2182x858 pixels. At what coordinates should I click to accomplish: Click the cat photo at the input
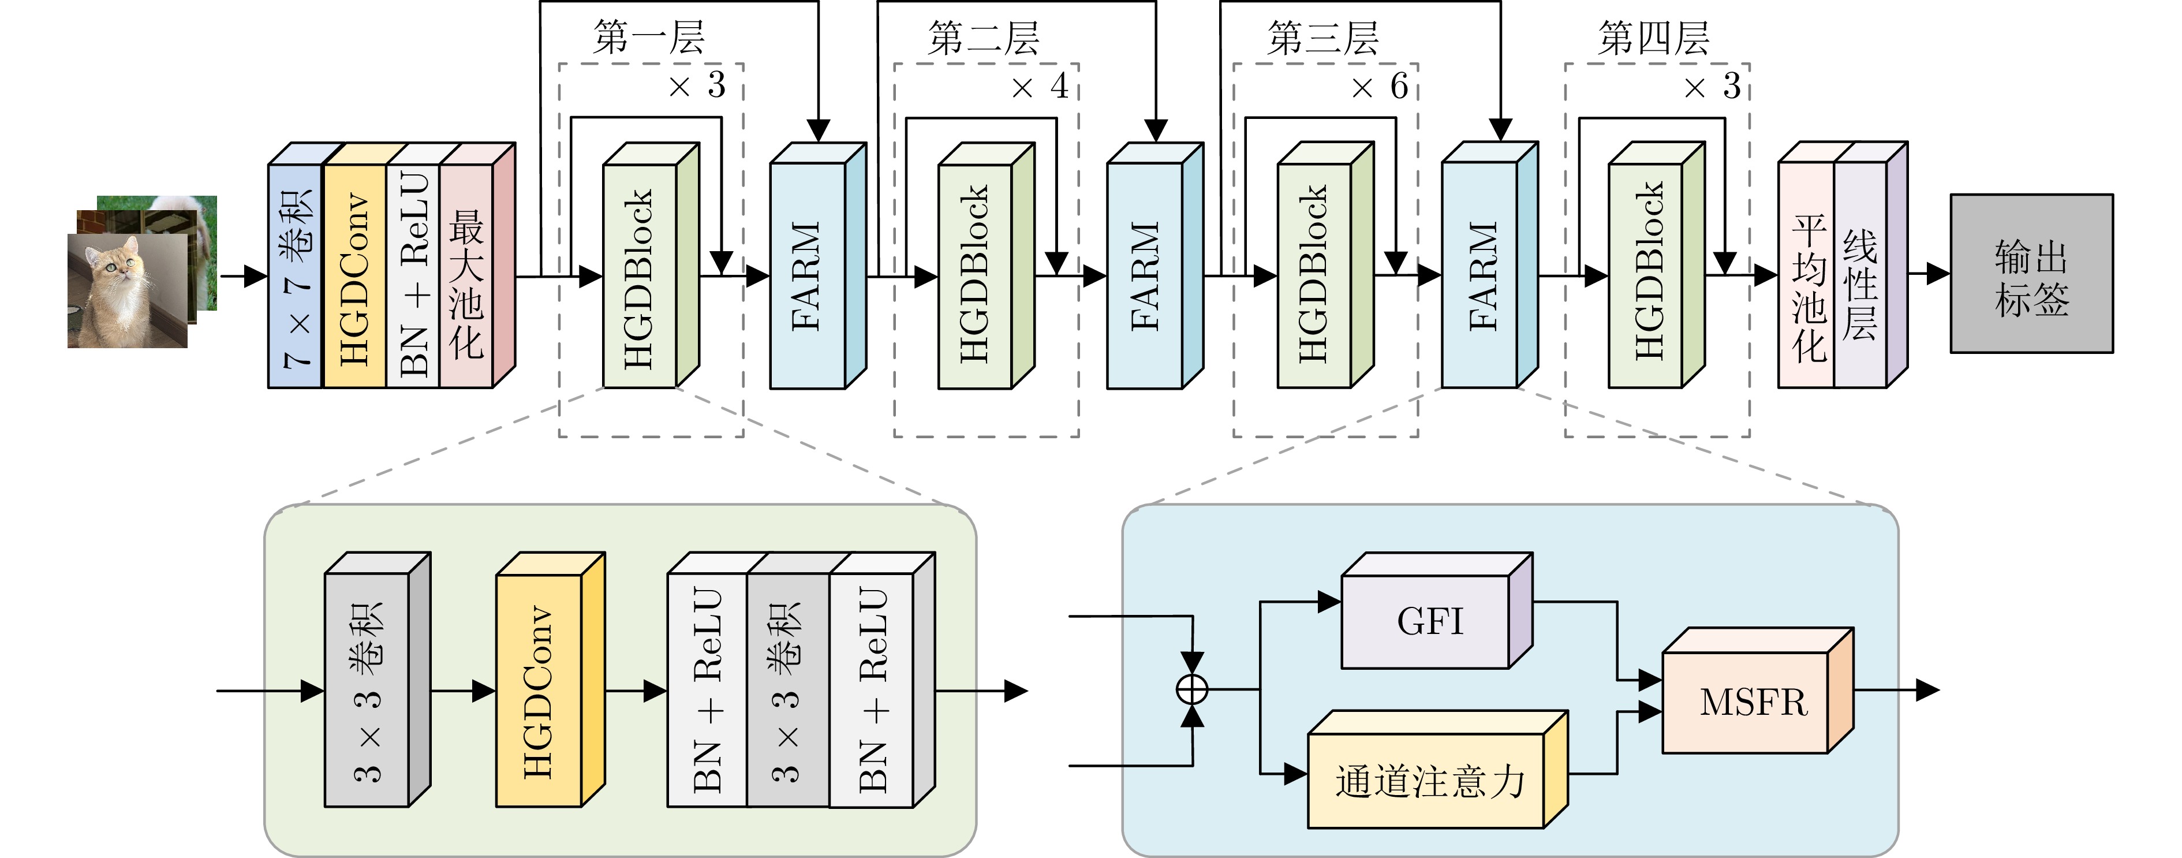click(127, 290)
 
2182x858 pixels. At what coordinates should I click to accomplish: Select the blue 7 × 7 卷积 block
click(296, 275)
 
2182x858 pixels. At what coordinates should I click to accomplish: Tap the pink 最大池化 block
click(466, 275)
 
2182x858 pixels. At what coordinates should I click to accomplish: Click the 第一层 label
click(649, 38)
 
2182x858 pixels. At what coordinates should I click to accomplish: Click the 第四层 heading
click(1653, 38)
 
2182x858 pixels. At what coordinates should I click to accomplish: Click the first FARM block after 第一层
click(806, 275)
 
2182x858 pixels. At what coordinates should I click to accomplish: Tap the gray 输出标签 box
click(2031, 274)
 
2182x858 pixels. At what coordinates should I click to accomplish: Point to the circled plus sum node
click(1192, 689)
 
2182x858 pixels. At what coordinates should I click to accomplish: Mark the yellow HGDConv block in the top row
click(354, 275)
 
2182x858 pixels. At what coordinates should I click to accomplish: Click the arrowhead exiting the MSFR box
click(1928, 689)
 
